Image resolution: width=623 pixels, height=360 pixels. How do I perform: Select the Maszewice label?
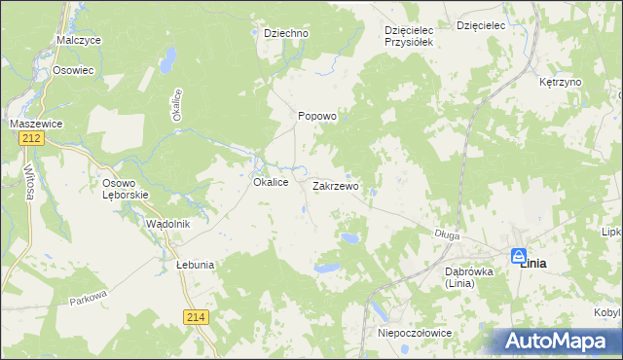[x=37, y=124]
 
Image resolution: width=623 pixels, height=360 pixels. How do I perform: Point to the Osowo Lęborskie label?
[x=126, y=188]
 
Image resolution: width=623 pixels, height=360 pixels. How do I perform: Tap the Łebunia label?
[x=195, y=265]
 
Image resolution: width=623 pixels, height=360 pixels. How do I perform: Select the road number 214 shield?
[x=195, y=316]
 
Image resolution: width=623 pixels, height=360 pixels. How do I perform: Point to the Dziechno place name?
[x=286, y=33]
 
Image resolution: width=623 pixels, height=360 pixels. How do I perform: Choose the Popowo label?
[x=316, y=116]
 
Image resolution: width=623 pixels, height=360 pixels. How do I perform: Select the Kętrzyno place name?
[x=560, y=83]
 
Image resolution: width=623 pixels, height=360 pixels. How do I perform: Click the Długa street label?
[x=447, y=234]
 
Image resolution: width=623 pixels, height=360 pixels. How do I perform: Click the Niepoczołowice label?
[x=414, y=333]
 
